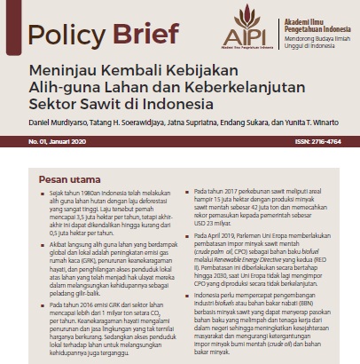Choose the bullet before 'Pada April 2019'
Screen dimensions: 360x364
click(188, 240)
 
